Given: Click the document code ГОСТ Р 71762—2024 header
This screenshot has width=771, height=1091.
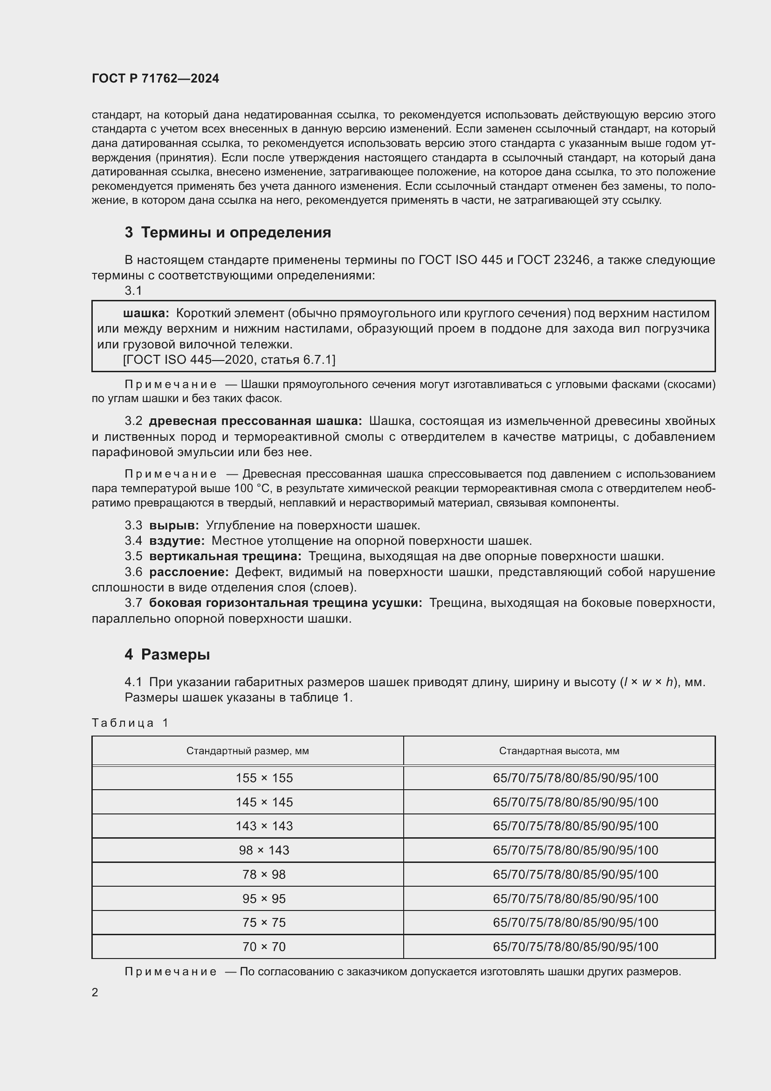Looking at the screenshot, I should [155, 78].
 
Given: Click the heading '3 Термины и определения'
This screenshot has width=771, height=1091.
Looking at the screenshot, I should [228, 232].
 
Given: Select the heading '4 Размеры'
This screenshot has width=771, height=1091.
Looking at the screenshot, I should [167, 654].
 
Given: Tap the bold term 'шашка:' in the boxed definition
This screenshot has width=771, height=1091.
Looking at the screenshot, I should [146, 313].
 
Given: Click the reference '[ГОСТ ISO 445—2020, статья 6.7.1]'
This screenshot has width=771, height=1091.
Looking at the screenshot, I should [229, 360].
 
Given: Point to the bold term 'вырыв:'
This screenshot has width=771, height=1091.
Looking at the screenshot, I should [174, 525].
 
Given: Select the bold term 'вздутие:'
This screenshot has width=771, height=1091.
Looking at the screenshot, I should [177, 541].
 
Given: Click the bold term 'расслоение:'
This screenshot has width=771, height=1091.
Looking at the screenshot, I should [189, 572].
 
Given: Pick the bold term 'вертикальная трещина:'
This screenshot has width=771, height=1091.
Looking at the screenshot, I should [226, 556].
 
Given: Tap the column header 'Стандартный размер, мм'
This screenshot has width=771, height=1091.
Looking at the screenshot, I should [248, 751].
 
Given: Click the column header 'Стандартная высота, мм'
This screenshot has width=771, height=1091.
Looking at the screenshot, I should [559, 751].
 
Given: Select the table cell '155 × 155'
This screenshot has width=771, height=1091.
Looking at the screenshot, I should [264, 778].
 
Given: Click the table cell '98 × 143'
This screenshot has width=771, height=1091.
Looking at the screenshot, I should [264, 850].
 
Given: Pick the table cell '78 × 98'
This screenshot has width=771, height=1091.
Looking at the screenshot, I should [264, 874].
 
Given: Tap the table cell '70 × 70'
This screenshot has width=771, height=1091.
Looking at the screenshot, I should [264, 946].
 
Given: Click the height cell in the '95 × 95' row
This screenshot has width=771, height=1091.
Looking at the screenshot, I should [575, 898].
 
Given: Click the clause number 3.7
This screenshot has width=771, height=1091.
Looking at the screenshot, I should [133, 603].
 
